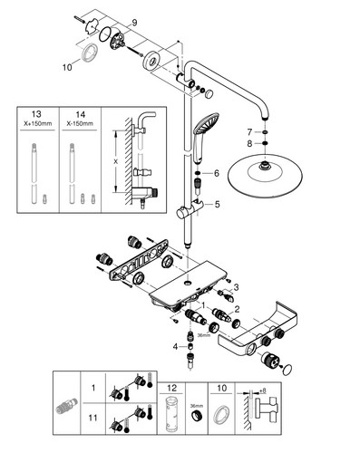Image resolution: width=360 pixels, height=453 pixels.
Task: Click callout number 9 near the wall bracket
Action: click(x=134, y=23)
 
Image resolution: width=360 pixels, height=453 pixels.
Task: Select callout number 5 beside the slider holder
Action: click(x=217, y=205)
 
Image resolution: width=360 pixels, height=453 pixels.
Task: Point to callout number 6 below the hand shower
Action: click(x=217, y=173)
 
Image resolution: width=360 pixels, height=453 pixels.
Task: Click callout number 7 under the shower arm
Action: click(x=249, y=132)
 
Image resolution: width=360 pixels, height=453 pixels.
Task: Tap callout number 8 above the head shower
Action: click(x=249, y=143)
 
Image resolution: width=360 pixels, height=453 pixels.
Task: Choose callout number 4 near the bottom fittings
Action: click(x=176, y=347)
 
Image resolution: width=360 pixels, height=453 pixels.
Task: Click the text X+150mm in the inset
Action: click(x=38, y=123)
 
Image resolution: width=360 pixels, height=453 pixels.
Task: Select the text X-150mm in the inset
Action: click(x=80, y=123)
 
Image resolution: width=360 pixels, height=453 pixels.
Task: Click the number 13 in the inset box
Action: click(x=36, y=114)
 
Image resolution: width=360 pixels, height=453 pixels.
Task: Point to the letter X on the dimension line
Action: click(x=115, y=162)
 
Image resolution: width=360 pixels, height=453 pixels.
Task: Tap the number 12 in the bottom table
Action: click(x=171, y=388)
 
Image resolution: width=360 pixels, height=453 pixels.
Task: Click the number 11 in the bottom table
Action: click(x=92, y=418)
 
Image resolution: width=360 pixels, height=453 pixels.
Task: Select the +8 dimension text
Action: click(x=263, y=390)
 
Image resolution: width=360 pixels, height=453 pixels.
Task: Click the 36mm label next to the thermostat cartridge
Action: click(x=204, y=335)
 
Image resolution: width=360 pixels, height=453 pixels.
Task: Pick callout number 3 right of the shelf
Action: click(x=236, y=287)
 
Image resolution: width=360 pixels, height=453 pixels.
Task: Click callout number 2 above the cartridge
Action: click(x=237, y=309)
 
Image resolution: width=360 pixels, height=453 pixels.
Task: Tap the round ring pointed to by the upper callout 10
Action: click(x=91, y=52)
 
